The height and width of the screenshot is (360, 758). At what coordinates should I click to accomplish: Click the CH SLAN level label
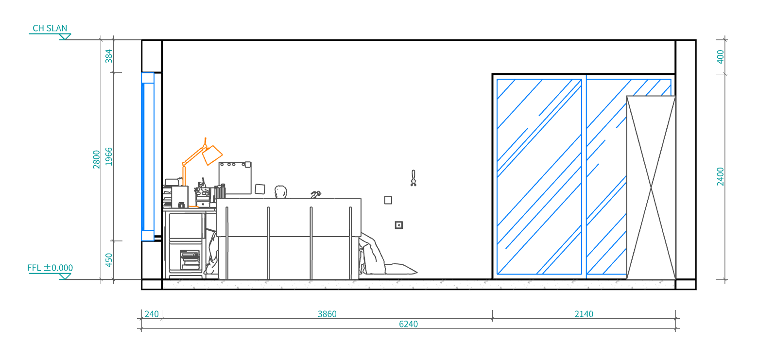coord(50,28)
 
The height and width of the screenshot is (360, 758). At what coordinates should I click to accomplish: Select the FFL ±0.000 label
coord(50,268)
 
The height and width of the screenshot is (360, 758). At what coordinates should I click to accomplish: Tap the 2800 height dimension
coord(96,159)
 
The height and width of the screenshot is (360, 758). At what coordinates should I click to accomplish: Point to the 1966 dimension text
coord(109,156)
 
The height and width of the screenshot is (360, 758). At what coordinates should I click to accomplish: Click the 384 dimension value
coord(109,56)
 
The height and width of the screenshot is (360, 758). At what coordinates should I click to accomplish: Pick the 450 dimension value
coord(109,260)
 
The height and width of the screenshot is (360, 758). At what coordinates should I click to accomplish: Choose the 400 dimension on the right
coord(721,57)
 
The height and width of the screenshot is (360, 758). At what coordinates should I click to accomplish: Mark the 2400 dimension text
coord(721,177)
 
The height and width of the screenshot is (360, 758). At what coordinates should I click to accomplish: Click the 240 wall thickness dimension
coord(152,314)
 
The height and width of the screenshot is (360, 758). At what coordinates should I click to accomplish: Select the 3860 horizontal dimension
coord(327,314)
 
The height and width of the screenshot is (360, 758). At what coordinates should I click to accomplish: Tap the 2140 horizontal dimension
coord(584,314)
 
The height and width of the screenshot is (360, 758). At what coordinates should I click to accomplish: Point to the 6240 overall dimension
coord(409,325)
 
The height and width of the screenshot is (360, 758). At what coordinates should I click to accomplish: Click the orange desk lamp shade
coord(212,155)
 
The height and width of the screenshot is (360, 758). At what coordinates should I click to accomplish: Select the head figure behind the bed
coord(280,192)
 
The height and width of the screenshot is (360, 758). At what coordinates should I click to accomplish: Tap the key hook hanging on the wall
coord(413,178)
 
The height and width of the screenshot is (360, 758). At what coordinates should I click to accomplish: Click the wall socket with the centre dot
coord(399,225)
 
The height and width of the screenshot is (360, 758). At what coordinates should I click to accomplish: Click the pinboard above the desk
coord(235,178)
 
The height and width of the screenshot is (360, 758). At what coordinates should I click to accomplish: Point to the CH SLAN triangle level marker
coord(65,36)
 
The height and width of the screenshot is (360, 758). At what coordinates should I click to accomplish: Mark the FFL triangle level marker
coord(65,276)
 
